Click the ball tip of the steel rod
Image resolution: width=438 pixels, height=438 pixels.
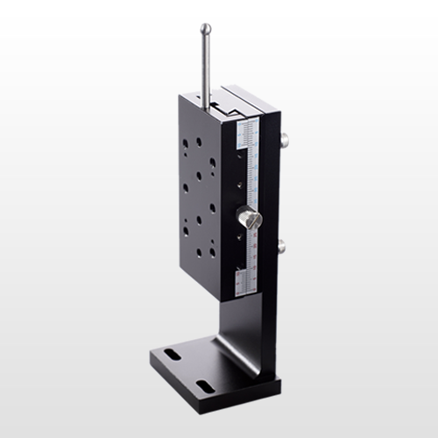point(205,28)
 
